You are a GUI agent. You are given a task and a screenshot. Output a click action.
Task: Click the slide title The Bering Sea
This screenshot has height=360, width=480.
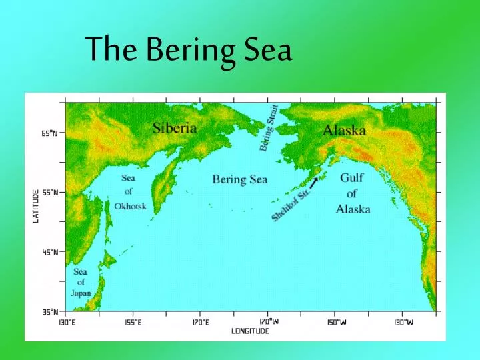189,50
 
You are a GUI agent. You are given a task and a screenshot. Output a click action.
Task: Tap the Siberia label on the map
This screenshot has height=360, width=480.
175,127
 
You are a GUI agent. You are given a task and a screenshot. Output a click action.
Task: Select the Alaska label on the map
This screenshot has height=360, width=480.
344,131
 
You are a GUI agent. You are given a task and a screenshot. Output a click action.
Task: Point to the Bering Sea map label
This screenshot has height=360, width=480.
239,179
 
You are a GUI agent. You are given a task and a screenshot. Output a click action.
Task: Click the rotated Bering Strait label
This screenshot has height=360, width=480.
269,127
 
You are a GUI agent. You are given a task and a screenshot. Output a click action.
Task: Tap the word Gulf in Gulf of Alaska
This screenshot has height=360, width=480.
352,178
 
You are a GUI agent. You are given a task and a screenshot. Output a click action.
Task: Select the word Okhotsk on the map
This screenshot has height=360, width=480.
130,206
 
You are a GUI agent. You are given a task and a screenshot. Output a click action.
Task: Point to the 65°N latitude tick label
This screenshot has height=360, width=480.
49,133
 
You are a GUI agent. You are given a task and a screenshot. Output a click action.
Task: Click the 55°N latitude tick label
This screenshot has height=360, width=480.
49,192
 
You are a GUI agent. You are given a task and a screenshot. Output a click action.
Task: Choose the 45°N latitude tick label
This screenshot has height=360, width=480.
49,252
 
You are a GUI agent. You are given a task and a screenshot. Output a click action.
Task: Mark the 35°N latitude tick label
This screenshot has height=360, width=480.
49,311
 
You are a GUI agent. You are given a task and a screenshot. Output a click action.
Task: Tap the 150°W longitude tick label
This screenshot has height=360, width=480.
336,322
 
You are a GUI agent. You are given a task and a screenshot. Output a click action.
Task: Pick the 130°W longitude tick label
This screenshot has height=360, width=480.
403,322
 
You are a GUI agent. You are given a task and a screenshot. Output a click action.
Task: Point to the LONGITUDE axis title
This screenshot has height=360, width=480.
250,331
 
